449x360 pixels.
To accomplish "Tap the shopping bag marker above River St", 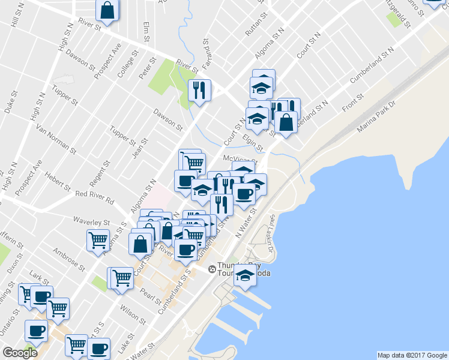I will [x=107, y=10].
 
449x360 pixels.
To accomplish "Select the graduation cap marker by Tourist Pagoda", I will [x=245, y=275].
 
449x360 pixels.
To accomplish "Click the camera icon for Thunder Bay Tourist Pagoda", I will [x=212, y=269].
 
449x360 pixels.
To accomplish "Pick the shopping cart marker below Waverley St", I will [x=98, y=240].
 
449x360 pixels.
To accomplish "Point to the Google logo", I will [x=20, y=353].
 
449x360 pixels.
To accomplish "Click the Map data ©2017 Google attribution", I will [x=412, y=355].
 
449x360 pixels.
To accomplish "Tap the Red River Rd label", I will [x=94, y=194].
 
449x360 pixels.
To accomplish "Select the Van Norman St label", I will [x=54, y=139].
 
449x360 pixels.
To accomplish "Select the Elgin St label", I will [x=253, y=142].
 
